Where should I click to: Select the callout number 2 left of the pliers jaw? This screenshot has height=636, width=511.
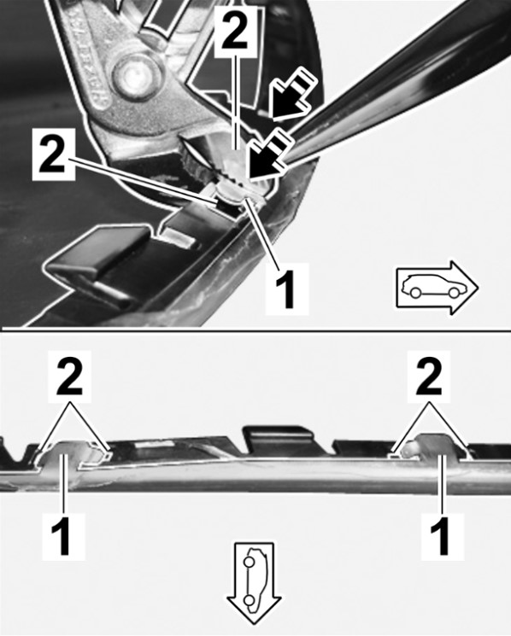pyautogui.click(x=53, y=155)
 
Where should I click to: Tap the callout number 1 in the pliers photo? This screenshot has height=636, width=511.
pyautogui.click(x=287, y=289)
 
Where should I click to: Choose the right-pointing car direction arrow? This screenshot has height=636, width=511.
pyautogui.click(x=438, y=287)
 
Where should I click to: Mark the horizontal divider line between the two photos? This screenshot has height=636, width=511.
pyautogui.click(x=255, y=330)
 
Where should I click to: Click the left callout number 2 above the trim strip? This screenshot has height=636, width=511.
pyautogui.click(x=70, y=377)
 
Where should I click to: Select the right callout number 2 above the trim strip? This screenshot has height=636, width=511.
pyautogui.click(x=430, y=377)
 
